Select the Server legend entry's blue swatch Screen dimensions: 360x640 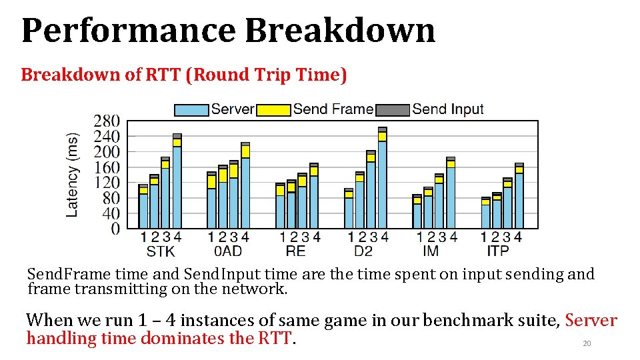tap(191, 110)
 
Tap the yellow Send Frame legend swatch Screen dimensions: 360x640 tap(273, 110)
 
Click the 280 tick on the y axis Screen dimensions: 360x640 tap(107, 121)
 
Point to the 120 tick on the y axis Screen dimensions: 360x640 tap(107, 183)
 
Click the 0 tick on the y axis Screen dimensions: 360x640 tap(115, 229)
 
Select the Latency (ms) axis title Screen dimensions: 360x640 tap(73, 175)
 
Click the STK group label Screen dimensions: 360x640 tap(160, 251)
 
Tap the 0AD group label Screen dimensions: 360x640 tap(227, 251)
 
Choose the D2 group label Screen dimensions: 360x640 tap(363, 251)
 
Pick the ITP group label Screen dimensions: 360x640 tap(497, 251)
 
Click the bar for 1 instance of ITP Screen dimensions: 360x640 tap(485, 213)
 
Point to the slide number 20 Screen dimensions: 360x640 tap(587, 344)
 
